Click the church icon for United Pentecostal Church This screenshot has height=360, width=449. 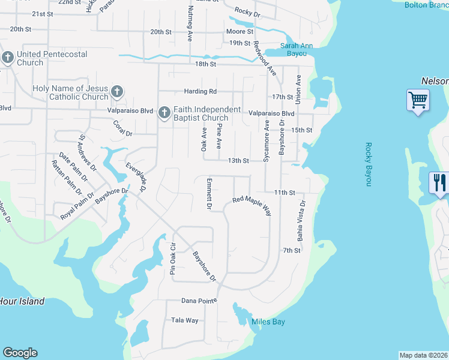tap(8, 58)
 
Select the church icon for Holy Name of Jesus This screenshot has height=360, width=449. tap(116, 92)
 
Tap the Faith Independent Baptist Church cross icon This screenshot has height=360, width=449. tap(164, 113)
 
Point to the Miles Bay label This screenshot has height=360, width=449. tap(268, 322)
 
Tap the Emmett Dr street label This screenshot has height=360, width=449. tap(209, 194)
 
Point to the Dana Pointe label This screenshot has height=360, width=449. tap(199, 300)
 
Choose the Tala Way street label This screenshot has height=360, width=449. tap(185, 320)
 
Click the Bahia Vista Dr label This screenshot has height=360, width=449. tap(302, 221)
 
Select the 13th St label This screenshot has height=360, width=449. tap(238, 161)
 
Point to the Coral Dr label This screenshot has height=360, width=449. tap(122, 128)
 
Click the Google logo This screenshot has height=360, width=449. tap(20, 353)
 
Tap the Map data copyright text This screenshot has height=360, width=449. tap(423, 355)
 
